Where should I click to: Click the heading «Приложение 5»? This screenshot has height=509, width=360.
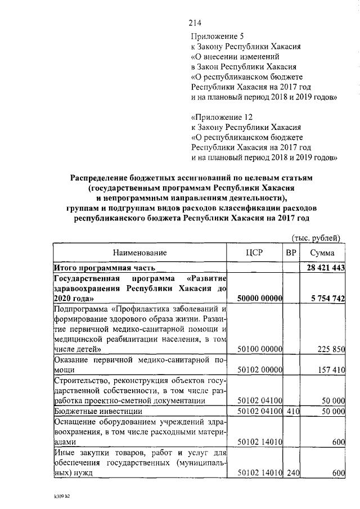218,37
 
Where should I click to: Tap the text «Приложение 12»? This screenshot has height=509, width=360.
220,118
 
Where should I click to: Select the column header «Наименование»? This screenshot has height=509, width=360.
139,253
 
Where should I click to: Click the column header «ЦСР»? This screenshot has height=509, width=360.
255,253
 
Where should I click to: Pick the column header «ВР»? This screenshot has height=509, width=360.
291,253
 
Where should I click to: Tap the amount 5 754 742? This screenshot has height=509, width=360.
326,298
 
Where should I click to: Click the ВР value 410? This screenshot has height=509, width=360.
291,411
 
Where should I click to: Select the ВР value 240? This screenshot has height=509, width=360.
291,473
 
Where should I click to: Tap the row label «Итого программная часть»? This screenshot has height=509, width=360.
104,268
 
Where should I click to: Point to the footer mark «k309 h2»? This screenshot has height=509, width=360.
57,497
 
